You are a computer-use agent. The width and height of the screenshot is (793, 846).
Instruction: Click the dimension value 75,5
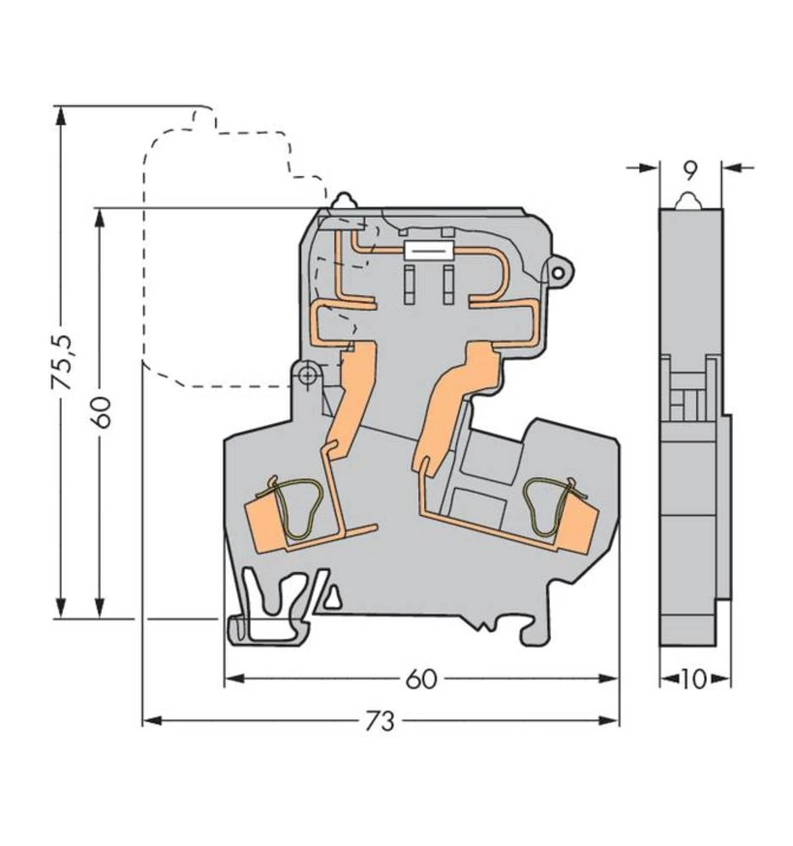coord(62,362)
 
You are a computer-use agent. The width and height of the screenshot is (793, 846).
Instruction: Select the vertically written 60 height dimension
coord(101,411)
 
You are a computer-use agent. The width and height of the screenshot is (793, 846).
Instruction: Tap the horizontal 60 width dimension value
coord(421,678)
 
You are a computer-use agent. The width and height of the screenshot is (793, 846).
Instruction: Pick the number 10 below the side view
coord(693,678)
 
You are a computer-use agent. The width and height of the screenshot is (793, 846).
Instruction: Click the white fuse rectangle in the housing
coord(427,250)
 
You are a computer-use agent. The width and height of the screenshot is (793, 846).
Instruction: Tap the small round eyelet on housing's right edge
coord(559,271)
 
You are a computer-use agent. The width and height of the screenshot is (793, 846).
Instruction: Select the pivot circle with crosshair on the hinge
coord(308,374)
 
